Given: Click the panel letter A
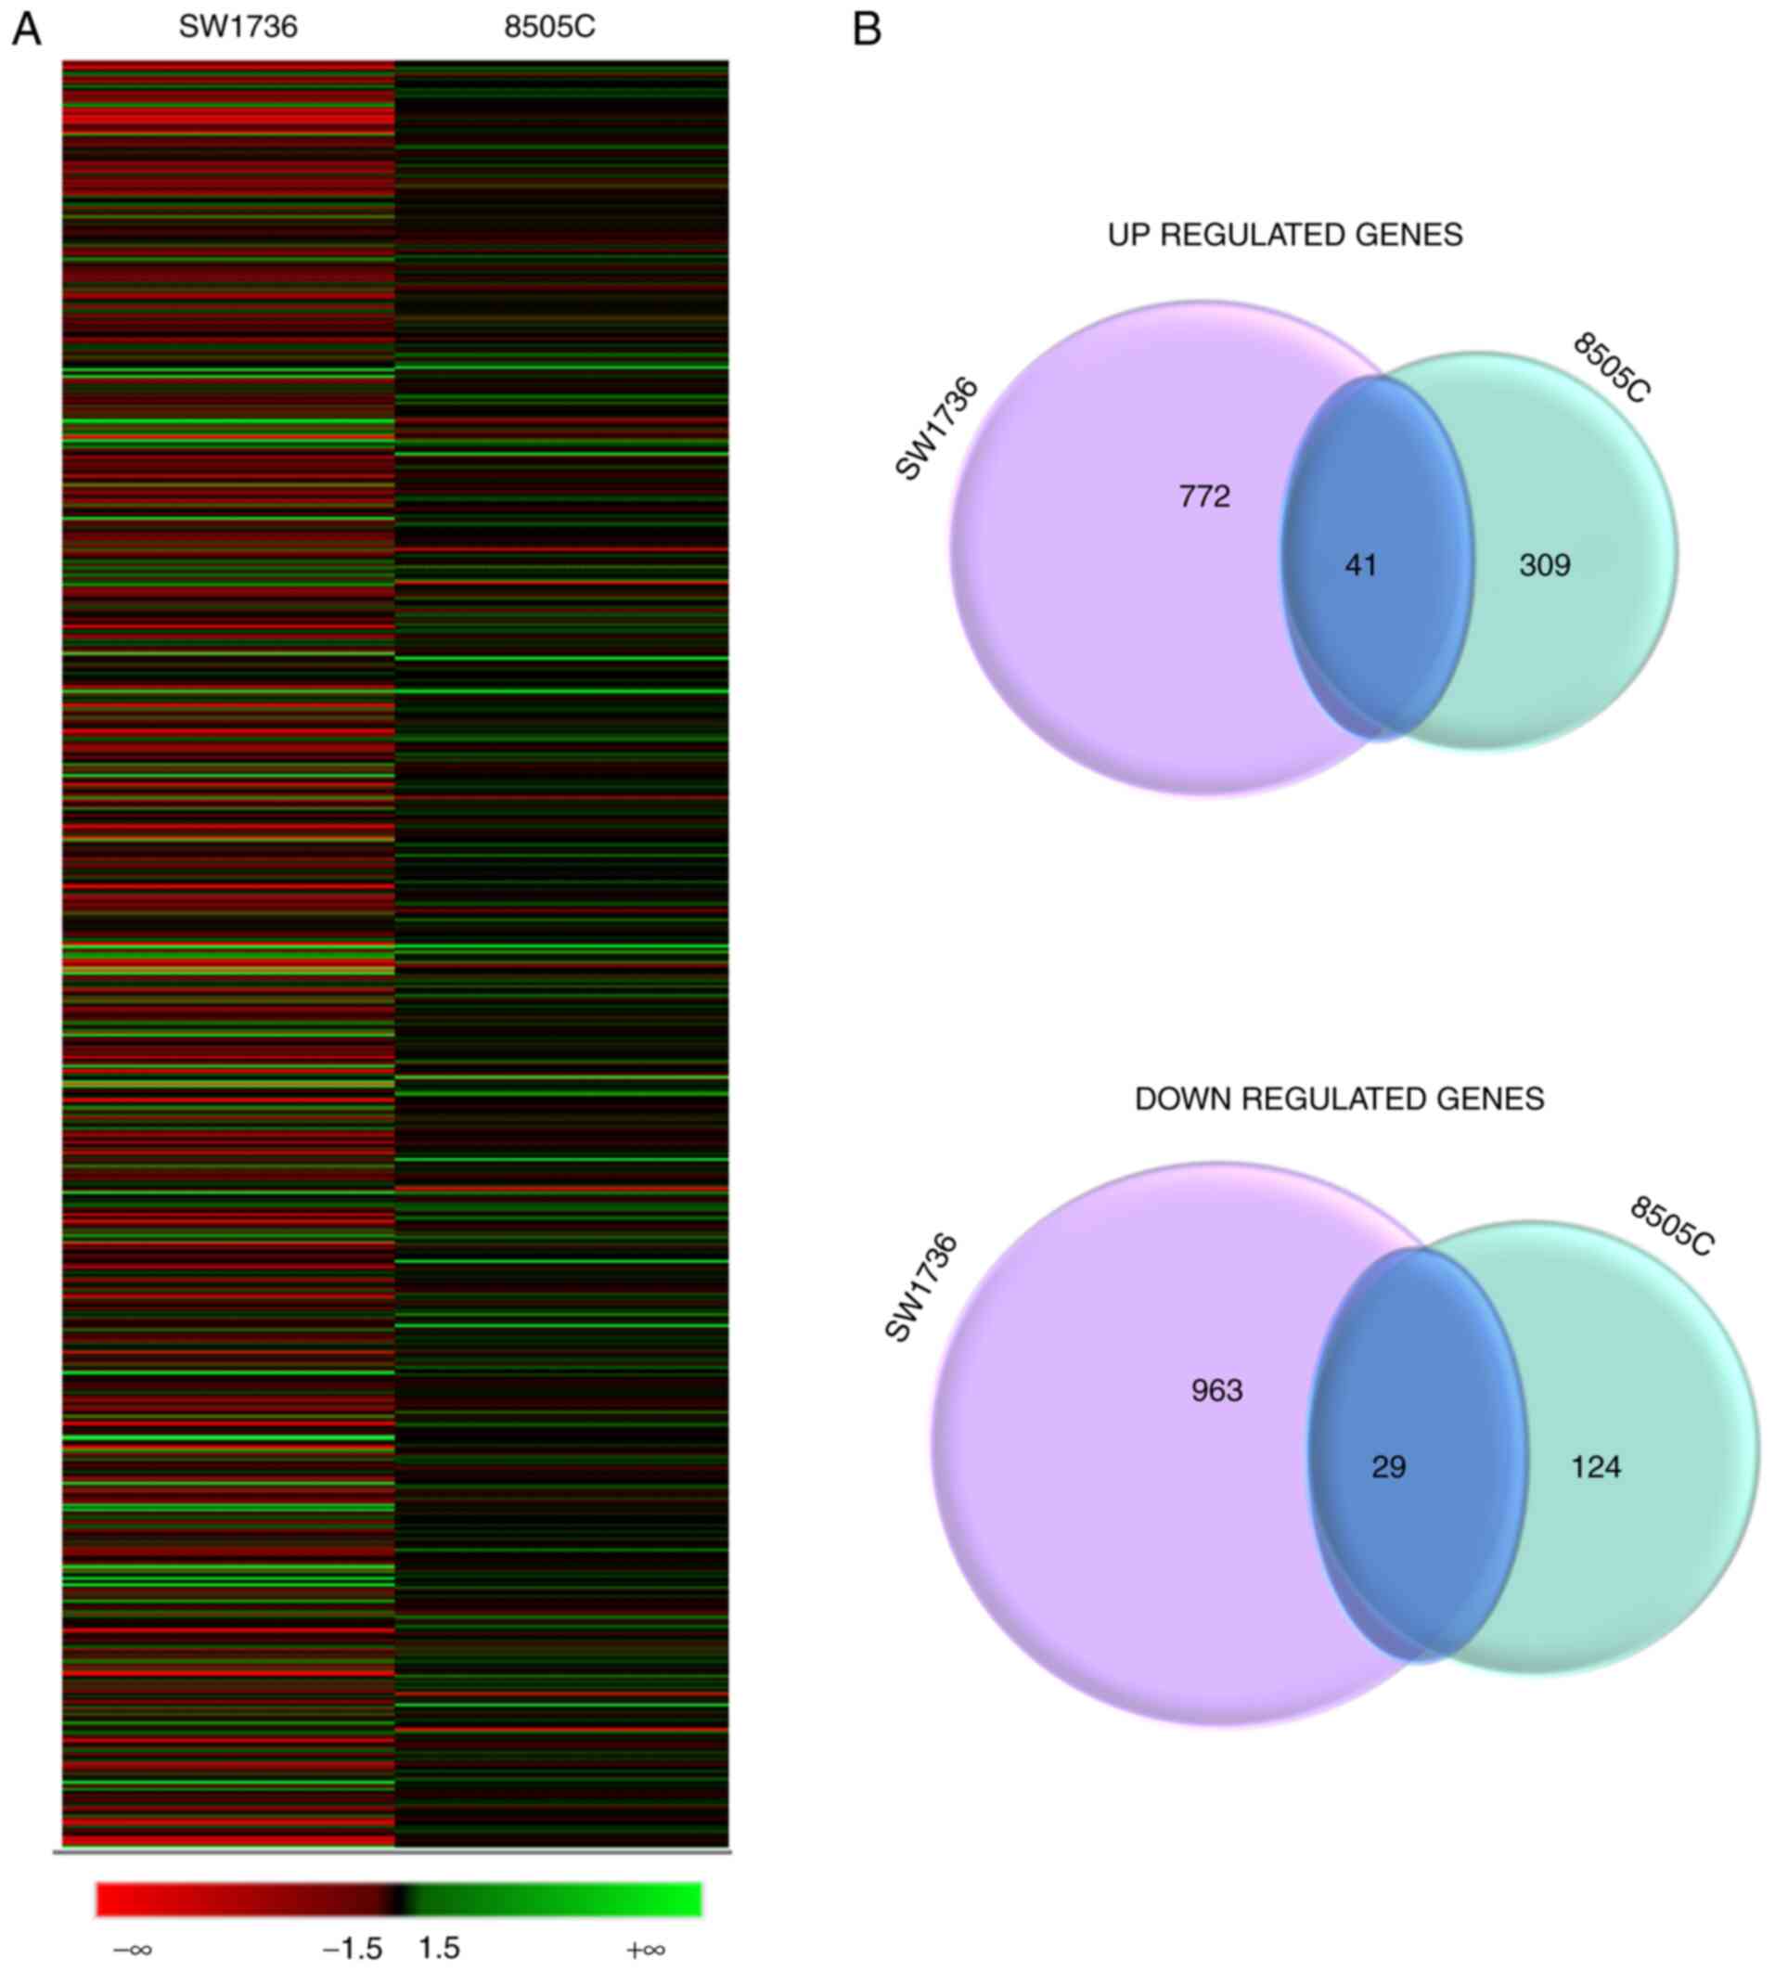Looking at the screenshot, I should coord(26,31).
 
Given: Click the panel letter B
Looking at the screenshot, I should coord(867,31).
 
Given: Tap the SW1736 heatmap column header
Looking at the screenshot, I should coord(238,27).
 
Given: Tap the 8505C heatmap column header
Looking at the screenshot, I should coord(549,27).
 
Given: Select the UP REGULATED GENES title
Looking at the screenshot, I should coord(1284,235).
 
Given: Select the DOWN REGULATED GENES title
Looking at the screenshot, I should coord(1339,1099).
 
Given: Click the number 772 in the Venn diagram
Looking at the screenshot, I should coord(1204,496).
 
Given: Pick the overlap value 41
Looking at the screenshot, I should coord(1360,565).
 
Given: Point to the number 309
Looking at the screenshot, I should coord(1545,565).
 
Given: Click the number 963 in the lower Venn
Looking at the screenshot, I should coord(1217,1391).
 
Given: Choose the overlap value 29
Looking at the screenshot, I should coord(1389,1467).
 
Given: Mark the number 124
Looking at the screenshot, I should coord(1597,1467).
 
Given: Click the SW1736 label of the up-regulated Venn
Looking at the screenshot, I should coord(936,429).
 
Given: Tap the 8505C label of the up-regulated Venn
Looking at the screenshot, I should coord(1611,368).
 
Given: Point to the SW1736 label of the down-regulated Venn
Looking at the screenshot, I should coord(921,1288).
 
